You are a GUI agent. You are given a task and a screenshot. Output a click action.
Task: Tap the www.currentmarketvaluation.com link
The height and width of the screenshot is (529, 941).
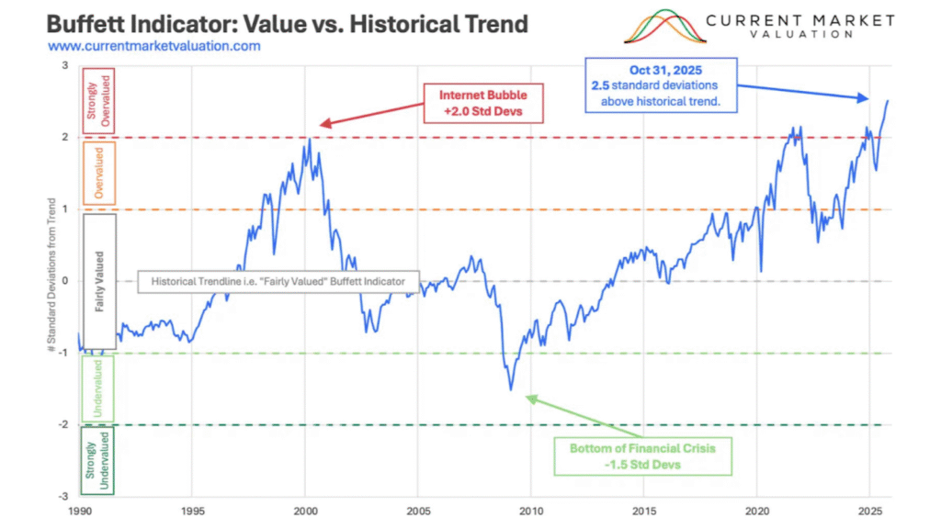(x=154, y=46)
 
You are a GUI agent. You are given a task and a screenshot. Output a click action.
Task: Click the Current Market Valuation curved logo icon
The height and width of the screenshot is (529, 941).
(x=665, y=27)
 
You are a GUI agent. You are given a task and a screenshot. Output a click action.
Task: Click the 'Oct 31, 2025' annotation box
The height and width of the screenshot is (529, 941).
(x=662, y=85)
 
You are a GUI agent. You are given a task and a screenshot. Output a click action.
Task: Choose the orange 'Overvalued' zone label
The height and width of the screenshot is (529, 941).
(x=98, y=172)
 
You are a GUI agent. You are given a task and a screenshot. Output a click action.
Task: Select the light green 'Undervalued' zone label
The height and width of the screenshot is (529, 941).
(x=98, y=388)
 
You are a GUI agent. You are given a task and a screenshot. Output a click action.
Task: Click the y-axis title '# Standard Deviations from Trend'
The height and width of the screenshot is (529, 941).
(x=53, y=280)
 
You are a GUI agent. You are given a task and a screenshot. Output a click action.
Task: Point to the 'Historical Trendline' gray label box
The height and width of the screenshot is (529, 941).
(x=278, y=282)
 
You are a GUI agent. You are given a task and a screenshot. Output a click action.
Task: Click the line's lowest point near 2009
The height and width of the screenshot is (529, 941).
(x=511, y=389)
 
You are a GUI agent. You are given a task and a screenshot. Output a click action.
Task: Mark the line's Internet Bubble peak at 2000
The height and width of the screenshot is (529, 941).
(x=310, y=139)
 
